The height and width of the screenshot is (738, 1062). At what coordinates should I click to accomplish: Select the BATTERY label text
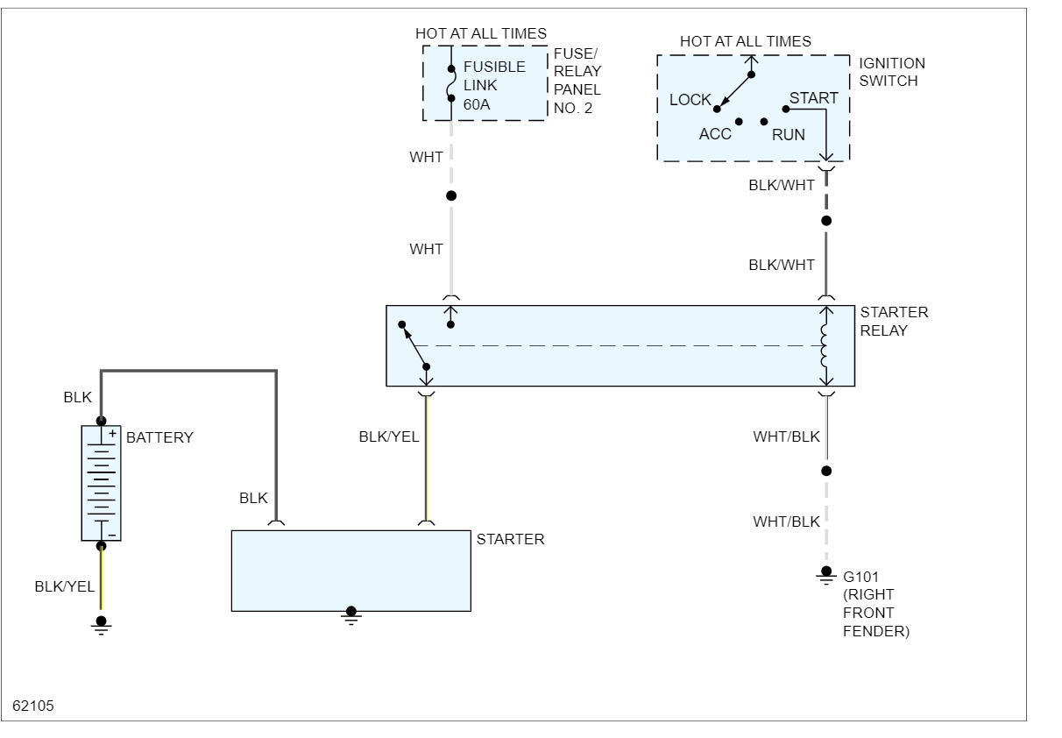point(159,437)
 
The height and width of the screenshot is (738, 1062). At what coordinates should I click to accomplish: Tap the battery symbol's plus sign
point(112,432)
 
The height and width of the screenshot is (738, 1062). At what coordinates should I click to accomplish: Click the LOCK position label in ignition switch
point(690,100)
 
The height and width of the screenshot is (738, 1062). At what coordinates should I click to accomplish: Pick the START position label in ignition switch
point(813,98)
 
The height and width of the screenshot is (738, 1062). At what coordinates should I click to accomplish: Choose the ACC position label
point(715,135)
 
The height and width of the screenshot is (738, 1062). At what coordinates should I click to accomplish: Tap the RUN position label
point(789,135)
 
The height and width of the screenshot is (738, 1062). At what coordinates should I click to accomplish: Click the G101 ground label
point(860,577)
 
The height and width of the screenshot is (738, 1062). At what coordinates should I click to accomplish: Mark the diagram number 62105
point(33,704)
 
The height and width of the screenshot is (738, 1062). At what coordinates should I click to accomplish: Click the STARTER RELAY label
point(894,321)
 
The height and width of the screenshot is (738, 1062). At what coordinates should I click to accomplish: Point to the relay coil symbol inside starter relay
point(825,346)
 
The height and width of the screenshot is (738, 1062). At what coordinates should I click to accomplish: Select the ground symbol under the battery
point(102,623)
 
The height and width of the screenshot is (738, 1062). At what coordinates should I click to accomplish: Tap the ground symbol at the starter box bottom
point(350,613)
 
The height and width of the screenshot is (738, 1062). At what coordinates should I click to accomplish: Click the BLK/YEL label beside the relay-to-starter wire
point(389,436)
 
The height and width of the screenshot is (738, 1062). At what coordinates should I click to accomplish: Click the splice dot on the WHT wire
point(451,195)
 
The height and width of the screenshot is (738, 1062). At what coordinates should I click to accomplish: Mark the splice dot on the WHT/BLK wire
point(825,471)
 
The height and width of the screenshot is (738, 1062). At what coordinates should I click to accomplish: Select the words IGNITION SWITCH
point(892,72)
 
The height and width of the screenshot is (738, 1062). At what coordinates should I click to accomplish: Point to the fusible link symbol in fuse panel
point(451,84)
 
